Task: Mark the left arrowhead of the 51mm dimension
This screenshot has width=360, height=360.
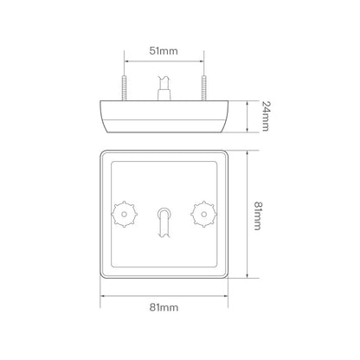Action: [128, 62]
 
